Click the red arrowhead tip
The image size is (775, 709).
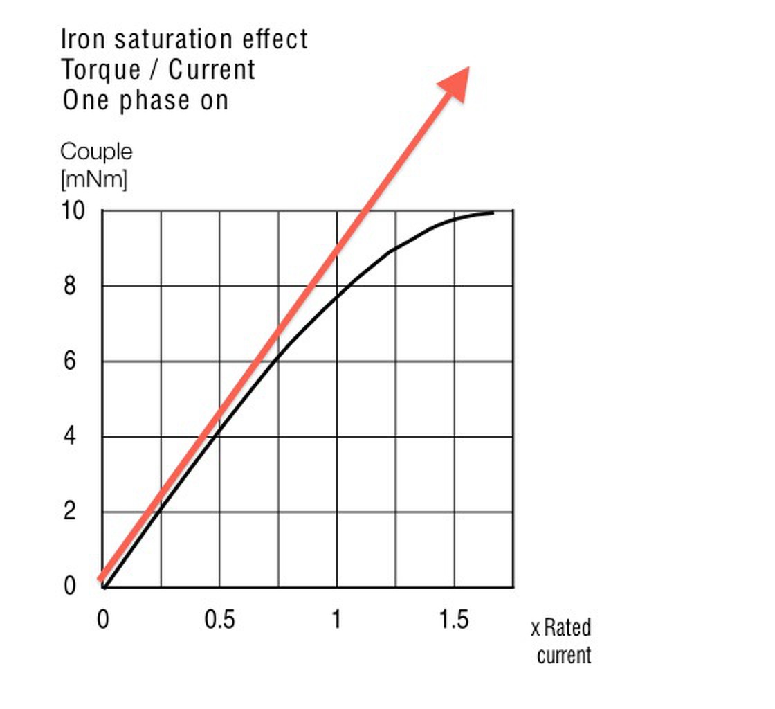click(468, 68)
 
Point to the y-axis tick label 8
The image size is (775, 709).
click(70, 286)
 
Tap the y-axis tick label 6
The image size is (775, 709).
click(70, 361)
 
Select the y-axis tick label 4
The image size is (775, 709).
click(70, 437)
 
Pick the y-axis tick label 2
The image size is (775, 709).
click(70, 512)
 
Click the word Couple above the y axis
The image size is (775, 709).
click(96, 152)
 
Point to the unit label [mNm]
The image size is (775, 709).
click(94, 179)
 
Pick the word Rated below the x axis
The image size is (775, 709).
click(567, 628)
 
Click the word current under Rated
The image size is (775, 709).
click(564, 655)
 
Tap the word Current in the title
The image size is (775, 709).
click(212, 70)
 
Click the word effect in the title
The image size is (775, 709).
click(275, 39)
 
